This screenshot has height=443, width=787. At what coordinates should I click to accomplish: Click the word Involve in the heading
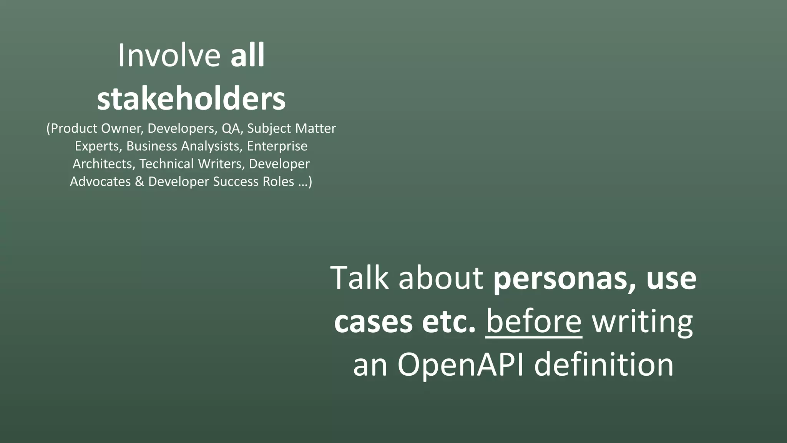coord(169,56)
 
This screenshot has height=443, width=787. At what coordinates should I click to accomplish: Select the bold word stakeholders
coord(191,99)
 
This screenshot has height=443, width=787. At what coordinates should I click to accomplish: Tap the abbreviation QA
coord(231,128)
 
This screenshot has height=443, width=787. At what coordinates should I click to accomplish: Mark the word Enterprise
coord(277,146)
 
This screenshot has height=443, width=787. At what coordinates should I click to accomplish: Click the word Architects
coord(103,164)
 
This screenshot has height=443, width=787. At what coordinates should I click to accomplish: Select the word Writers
coord(221,164)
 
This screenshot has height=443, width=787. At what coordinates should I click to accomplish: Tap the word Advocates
coord(100,182)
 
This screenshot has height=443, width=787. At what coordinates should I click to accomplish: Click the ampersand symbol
coord(139,182)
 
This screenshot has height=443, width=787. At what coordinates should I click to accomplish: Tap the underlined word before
coord(534,321)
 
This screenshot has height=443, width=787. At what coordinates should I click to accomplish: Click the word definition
coord(604,364)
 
